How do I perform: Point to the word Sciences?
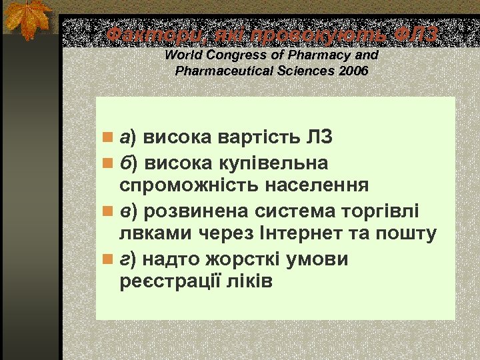click(x=299, y=71)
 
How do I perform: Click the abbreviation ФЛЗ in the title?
click(x=415, y=35)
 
